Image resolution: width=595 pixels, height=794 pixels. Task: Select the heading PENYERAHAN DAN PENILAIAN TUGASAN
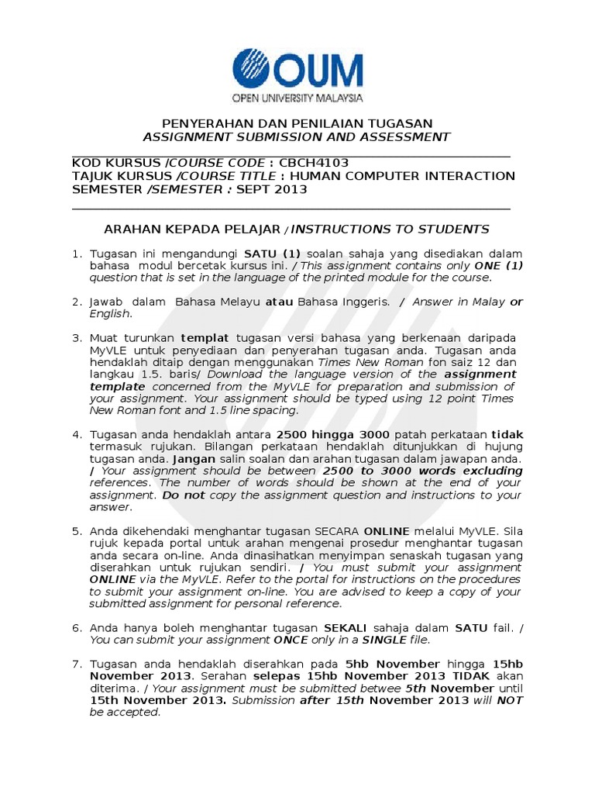point(297,124)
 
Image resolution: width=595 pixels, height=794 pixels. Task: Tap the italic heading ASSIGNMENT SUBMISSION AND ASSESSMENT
point(297,137)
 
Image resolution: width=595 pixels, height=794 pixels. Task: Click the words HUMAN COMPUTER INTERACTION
point(407,176)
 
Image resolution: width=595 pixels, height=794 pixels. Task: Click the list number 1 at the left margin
point(76,254)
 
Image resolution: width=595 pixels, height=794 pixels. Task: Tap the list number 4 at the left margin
point(76,435)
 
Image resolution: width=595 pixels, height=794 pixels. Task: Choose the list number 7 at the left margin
point(76,665)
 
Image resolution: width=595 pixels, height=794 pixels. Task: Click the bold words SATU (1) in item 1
point(272,254)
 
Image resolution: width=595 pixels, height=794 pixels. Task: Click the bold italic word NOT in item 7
point(510,700)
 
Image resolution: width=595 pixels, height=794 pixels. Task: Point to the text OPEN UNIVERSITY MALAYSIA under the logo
point(297,98)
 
